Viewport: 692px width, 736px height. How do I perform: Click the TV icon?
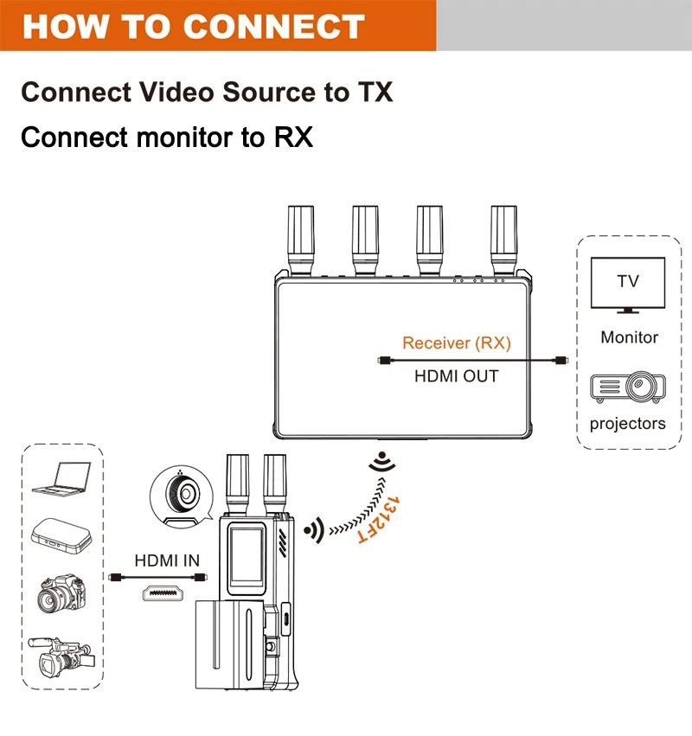[x=628, y=285]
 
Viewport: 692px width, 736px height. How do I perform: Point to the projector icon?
[x=628, y=387]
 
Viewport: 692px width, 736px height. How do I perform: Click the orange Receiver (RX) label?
[x=457, y=343]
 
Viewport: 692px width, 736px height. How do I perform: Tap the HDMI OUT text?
[x=457, y=376]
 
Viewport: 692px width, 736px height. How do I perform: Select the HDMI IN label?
[x=167, y=560]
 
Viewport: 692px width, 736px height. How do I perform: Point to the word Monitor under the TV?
[x=629, y=337]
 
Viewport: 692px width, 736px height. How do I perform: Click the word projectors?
[x=628, y=424]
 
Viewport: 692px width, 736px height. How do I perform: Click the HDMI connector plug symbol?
[x=168, y=593]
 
